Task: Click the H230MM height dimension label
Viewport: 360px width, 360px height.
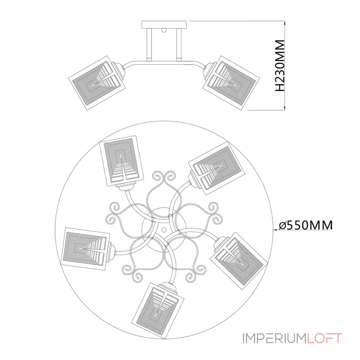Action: click(x=280, y=65)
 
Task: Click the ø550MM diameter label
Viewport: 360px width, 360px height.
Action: click(x=306, y=225)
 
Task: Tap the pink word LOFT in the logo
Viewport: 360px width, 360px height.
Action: click(x=324, y=338)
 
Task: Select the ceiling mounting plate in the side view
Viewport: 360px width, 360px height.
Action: click(x=164, y=24)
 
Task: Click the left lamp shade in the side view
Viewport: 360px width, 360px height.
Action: click(x=97, y=83)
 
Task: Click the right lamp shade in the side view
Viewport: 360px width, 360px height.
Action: click(x=231, y=83)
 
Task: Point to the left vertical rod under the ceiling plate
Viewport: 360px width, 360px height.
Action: click(x=149, y=44)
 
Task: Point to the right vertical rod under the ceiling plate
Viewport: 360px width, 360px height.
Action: click(x=179, y=44)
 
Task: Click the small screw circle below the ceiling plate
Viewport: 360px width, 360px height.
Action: click(x=164, y=30)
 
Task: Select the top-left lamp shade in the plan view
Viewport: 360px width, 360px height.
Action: click(x=121, y=161)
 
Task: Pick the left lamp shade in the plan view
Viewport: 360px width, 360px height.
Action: click(x=86, y=249)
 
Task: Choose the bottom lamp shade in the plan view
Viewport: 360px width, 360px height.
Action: click(x=159, y=310)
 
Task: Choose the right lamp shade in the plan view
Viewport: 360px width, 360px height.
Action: click(x=239, y=261)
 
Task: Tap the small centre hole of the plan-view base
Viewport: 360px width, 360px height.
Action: click(x=164, y=229)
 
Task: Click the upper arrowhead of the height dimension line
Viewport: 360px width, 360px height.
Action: click(x=285, y=23)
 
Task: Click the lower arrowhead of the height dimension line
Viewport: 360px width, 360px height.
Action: click(x=285, y=108)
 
